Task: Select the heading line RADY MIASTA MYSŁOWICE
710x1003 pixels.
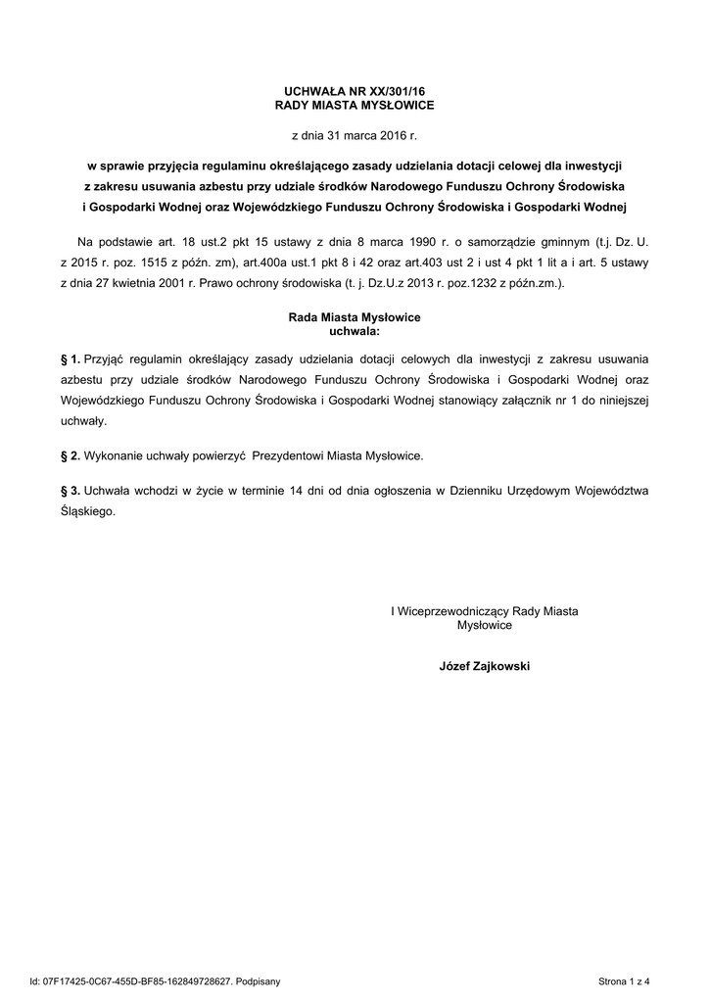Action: coord(355,104)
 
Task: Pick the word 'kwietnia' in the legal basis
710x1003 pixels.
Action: coord(144,283)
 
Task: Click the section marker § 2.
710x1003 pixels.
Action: coord(70,456)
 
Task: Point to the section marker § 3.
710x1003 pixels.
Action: coord(70,490)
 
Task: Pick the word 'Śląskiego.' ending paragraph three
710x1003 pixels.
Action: coord(88,511)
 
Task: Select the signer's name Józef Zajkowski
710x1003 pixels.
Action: coord(485,666)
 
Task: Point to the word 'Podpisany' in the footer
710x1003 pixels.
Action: coord(259,980)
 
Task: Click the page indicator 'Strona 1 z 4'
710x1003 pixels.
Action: coord(624,980)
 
